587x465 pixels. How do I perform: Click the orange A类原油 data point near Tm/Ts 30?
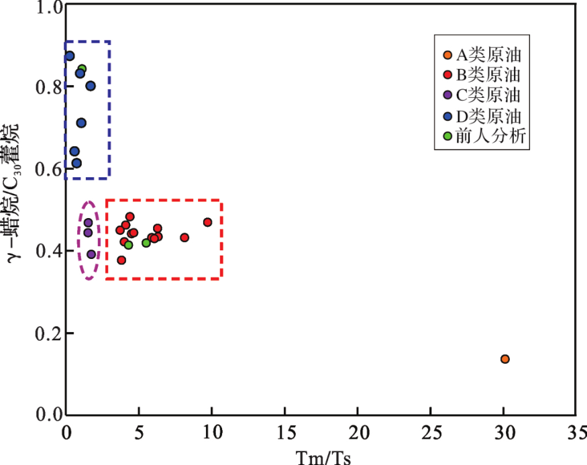505,359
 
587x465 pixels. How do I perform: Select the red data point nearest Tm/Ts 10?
207,222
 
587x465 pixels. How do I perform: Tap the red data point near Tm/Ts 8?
184,238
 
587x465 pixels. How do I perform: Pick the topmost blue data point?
69,56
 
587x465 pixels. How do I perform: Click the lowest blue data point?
76,163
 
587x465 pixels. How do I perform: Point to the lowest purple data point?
91,254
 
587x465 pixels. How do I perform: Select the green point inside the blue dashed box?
82,69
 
